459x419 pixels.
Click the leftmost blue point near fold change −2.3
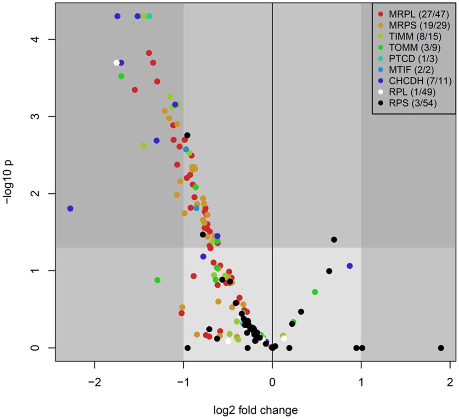pos(70,208)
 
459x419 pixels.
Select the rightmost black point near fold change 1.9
pos(441,348)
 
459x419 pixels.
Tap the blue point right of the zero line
pos(350,266)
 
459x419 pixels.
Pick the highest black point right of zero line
pos(334,240)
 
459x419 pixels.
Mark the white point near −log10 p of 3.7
pos(117,63)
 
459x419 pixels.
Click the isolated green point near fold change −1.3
pos(157,280)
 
